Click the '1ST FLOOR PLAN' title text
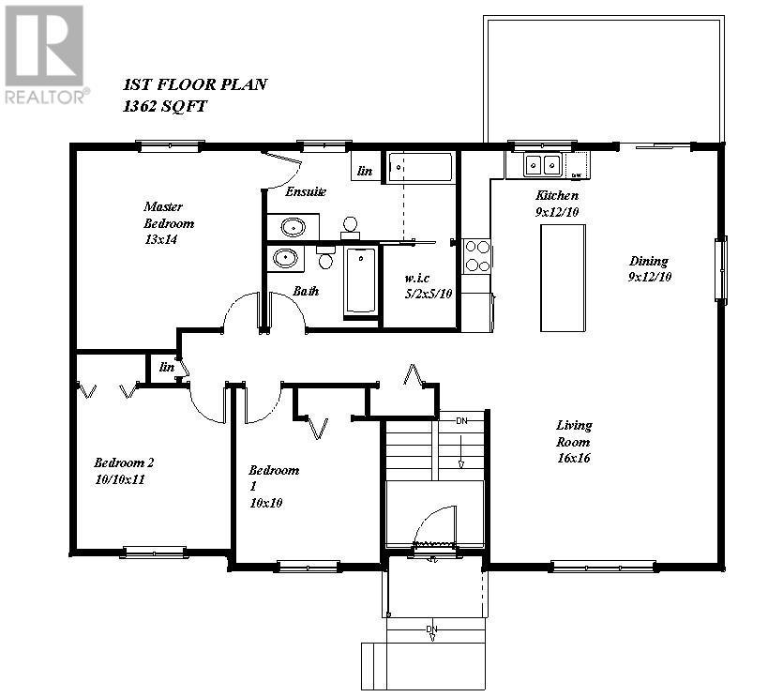195,84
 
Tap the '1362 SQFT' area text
165,106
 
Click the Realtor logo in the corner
45,53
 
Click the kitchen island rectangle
562,278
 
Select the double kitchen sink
541,166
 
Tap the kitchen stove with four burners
477,255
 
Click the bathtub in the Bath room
360,280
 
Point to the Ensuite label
306,191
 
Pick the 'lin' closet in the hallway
167,367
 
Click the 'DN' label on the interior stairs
460,421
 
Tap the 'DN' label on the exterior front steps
431,628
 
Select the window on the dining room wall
720,270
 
